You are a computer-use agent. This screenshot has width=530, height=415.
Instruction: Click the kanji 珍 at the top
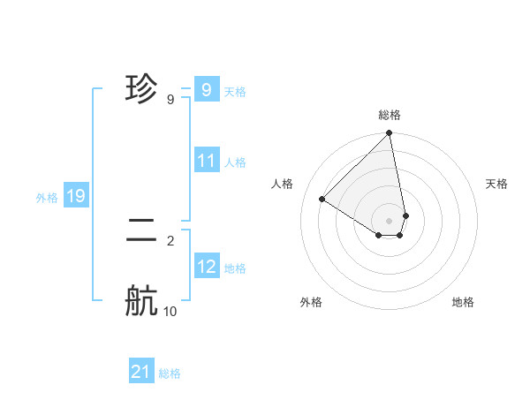tap(141, 89)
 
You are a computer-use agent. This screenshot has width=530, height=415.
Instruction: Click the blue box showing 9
tap(206, 90)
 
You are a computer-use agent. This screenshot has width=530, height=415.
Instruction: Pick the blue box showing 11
tap(206, 161)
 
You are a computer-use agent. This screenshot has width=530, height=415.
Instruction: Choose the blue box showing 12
tap(206, 267)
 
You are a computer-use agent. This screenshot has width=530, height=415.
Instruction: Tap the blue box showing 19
tap(76, 196)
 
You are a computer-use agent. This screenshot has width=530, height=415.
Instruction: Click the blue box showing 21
tap(141, 372)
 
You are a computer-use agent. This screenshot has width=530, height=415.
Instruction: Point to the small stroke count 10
tap(170, 312)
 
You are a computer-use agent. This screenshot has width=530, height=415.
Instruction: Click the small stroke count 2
tap(170, 240)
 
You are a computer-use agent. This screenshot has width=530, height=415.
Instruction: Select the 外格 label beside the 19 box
tap(47, 198)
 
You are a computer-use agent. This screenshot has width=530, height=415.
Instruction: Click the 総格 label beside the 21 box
tap(170, 373)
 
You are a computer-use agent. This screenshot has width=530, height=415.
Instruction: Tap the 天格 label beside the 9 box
tap(235, 92)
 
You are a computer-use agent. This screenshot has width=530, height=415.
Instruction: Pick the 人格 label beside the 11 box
tap(235, 162)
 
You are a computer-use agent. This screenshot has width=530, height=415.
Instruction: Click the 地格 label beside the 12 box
tap(235, 268)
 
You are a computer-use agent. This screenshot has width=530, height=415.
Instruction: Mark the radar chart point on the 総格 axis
tap(390, 133)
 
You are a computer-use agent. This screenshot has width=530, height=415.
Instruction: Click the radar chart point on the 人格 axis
tap(322, 200)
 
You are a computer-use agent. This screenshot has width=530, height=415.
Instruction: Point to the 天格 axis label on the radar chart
tap(496, 184)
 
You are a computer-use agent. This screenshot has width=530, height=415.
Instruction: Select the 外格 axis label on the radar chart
tap(310, 302)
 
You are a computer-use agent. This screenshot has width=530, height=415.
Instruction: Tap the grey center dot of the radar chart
tap(390, 220)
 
